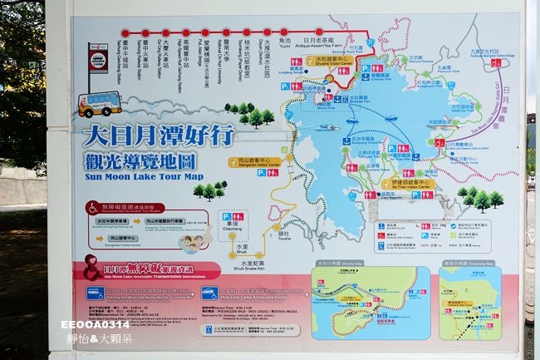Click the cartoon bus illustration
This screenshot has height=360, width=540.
99,105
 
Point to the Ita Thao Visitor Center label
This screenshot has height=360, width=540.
407,185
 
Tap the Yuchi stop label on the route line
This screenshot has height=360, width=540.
285,50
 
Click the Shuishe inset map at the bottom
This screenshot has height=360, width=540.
371,303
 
